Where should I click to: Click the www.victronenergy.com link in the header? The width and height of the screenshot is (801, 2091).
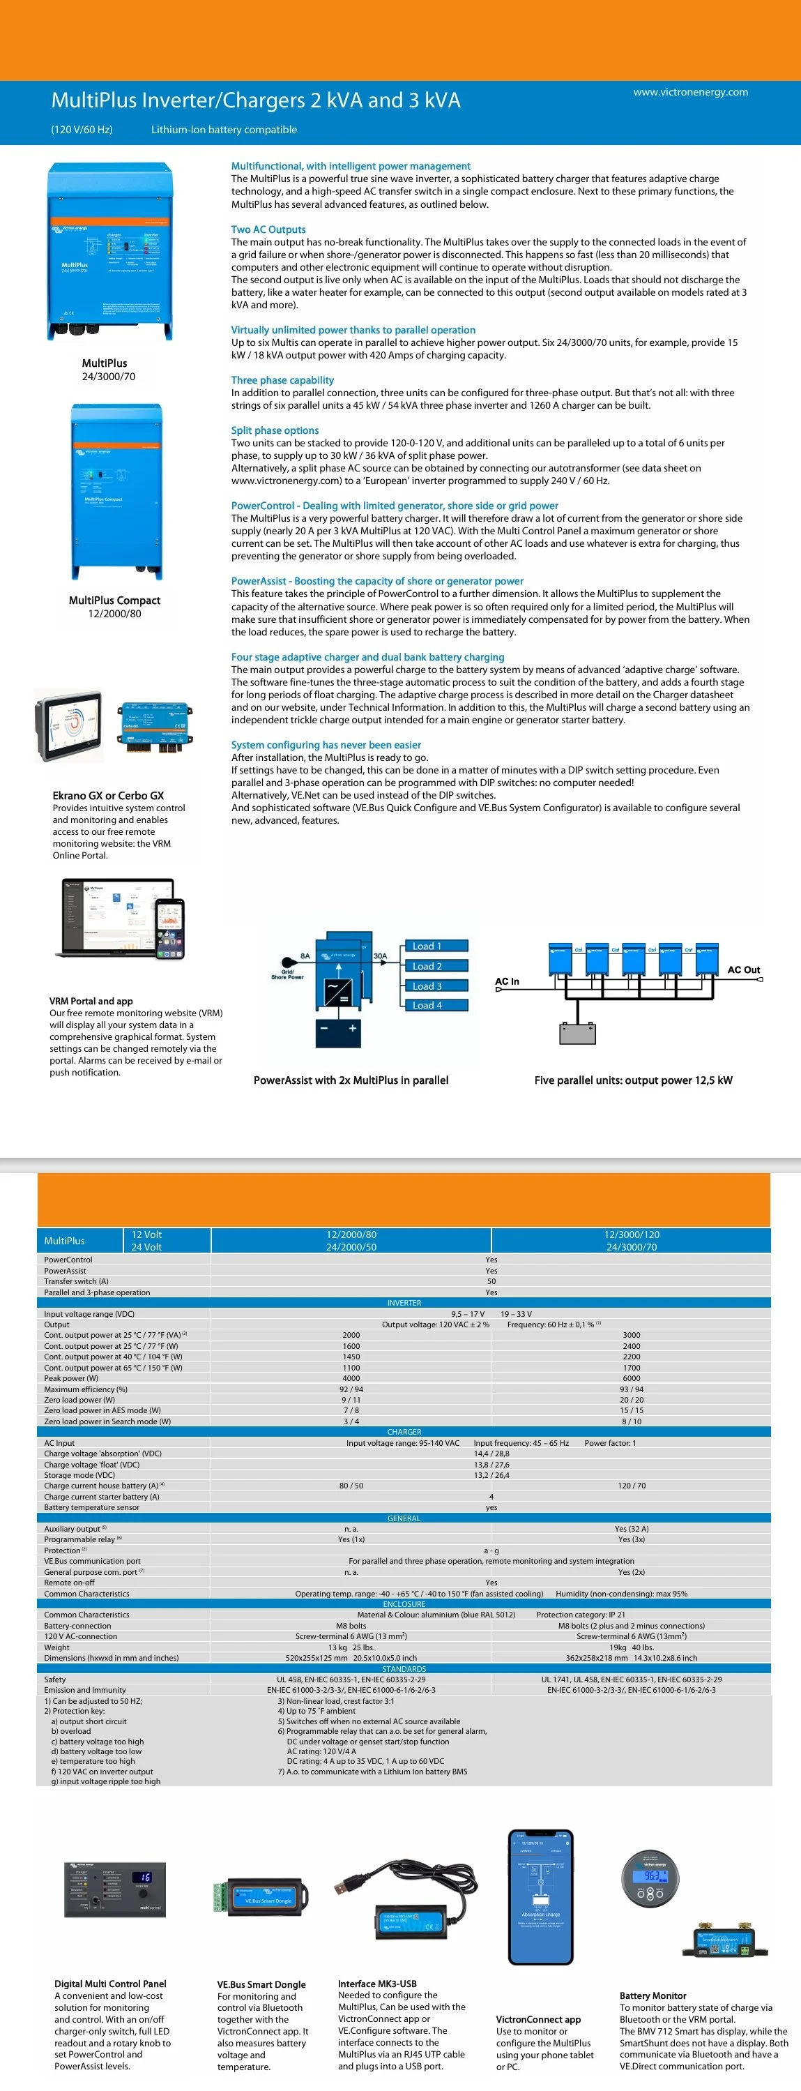690,92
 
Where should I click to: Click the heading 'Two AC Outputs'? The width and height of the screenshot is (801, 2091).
268,229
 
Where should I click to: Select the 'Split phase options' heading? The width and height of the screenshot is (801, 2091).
274,430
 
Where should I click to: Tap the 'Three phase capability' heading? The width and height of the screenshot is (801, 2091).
282,380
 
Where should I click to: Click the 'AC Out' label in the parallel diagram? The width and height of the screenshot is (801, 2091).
742,969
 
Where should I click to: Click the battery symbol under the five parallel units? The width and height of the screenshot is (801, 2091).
577,1032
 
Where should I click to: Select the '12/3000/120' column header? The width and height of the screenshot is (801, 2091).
632,1234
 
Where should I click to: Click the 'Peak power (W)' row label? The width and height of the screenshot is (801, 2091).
70,1377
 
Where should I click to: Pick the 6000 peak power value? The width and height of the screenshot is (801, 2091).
632,1377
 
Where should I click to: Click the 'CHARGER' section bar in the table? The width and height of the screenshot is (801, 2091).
404,1431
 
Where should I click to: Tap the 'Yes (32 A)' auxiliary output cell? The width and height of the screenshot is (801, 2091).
632,1528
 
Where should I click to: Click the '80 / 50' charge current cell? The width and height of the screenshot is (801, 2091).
351,1486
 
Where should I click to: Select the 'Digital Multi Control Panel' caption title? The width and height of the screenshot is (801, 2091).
109,1983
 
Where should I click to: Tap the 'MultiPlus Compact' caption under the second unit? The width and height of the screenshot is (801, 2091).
114,600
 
